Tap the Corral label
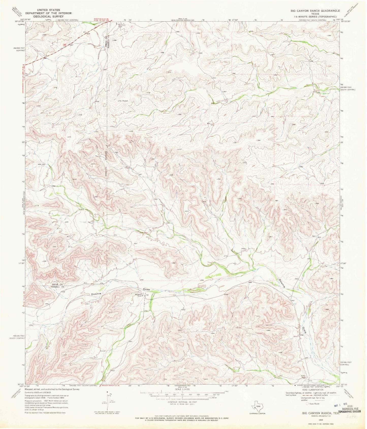click(x=103, y=351)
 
